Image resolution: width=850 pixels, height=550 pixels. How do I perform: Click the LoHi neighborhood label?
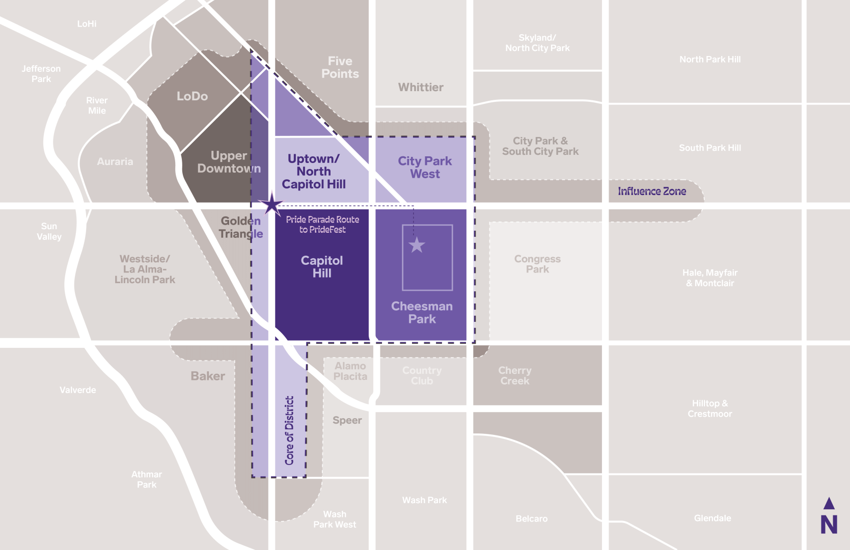(x=87, y=24)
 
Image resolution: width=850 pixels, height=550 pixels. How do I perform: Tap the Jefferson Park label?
(x=41, y=74)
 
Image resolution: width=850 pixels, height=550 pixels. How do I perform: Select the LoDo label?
(x=192, y=96)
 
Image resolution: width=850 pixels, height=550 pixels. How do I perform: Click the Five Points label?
(x=340, y=68)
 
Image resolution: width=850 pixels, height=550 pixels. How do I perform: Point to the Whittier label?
(x=421, y=88)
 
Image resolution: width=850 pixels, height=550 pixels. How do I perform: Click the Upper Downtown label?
(x=229, y=162)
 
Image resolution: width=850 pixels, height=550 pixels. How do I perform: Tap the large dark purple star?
(x=272, y=205)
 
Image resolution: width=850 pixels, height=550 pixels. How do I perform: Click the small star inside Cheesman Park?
(x=417, y=245)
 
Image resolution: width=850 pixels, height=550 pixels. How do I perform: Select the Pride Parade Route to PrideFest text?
(x=322, y=225)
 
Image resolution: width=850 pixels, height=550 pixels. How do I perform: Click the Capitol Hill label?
(x=322, y=267)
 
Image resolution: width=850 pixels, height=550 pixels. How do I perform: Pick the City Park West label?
(x=425, y=168)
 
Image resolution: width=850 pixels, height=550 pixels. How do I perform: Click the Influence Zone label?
(x=652, y=191)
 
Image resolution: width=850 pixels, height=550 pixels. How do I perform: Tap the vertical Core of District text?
(x=289, y=430)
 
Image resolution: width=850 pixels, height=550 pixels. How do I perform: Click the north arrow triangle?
(x=829, y=504)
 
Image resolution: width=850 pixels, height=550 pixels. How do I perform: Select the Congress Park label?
(x=537, y=264)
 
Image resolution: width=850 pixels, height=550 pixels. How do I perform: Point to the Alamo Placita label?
(x=350, y=371)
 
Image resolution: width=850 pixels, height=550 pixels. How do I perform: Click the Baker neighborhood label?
(x=208, y=376)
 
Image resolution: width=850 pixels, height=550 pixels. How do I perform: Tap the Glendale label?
(x=712, y=518)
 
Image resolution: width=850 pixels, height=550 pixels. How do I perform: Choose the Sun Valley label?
(x=49, y=231)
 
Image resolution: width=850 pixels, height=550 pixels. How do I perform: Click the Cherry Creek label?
(x=514, y=376)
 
